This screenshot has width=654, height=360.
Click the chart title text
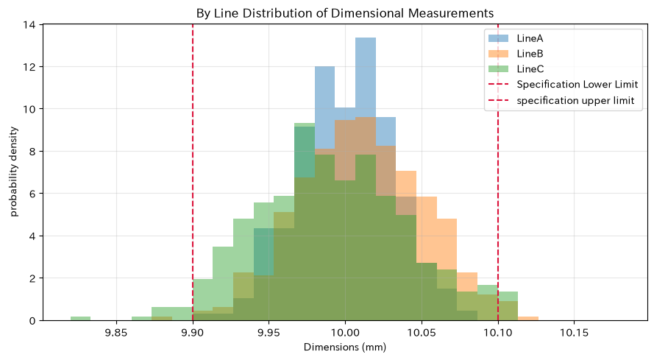click(x=345, y=13)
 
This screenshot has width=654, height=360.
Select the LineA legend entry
click(x=516, y=38)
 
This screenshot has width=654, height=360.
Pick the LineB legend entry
click(x=516, y=54)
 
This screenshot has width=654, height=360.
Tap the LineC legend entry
click(x=516, y=69)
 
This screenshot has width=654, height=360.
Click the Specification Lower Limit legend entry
click(x=563, y=85)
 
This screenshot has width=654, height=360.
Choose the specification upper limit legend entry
click(x=561, y=100)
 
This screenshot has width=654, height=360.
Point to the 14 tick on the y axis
click(x=29, y=24)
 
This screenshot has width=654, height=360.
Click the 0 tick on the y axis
click(x=32, y=320)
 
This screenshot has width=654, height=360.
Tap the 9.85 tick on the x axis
click(x=116, y=333)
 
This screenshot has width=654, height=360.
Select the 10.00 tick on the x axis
click(x=345, y=333)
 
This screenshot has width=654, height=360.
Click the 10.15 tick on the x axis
click(x=574, y=333)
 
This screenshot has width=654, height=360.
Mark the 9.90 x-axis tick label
click(x=193, y=333)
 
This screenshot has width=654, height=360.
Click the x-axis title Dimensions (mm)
click(x=345, y=347)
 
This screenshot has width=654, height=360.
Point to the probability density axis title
click(x=14, y=172)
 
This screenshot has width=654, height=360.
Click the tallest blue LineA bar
click(x=366, y=179)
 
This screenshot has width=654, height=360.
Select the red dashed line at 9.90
click(x=193, y=172)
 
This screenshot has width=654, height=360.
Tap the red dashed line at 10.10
click(x=498, y=172)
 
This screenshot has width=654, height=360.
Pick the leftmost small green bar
click(x=80, y=318)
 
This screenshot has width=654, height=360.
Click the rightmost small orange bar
click(x=528, y=318)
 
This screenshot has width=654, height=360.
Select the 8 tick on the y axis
click(x=32, y=151)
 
